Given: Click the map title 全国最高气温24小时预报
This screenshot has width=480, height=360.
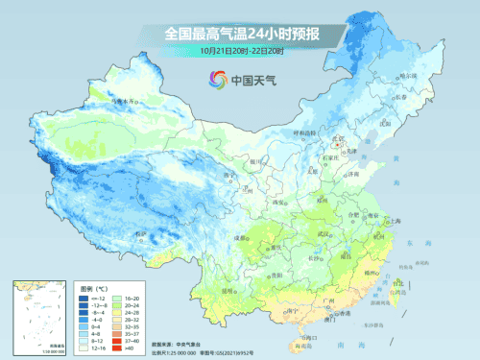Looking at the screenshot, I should (x=241, y=34).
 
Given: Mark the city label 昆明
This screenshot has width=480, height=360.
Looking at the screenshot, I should (x=227, y=288).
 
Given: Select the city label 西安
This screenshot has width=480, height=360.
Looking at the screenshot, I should (x=282, y=202).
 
